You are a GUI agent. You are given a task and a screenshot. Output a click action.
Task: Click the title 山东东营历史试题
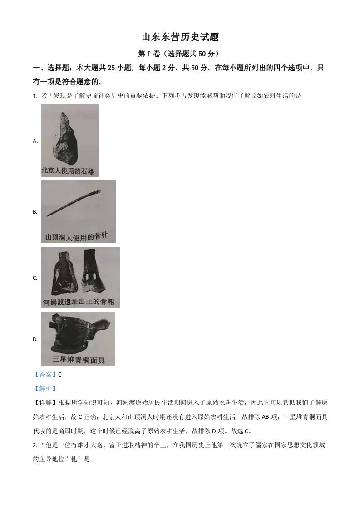[180, 37]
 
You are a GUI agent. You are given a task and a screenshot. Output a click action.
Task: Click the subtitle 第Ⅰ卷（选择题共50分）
[180, 54]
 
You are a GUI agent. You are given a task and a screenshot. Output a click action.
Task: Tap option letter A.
[35, 141]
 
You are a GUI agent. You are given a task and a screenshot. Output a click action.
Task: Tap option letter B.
[35, 212]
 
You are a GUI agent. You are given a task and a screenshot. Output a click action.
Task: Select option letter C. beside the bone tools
[35, 278]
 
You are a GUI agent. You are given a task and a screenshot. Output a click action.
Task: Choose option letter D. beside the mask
[35, 339]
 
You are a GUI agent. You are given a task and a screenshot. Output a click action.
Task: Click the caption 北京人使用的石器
[68, 171]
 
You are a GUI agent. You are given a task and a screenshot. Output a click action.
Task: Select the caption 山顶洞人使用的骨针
[77, 236]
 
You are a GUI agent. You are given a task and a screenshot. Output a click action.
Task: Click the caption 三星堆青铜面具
[78, 360]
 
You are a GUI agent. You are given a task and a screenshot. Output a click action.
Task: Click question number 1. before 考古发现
[35, 96]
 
